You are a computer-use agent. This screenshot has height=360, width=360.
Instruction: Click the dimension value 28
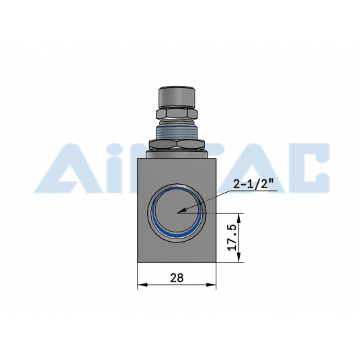pos(177,277)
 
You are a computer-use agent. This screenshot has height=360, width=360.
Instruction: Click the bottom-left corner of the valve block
pos(138,263)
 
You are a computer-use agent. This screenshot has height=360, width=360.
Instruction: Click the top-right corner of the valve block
pos(216,157)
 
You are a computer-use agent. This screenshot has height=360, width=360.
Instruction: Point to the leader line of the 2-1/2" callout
pos(201,201)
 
